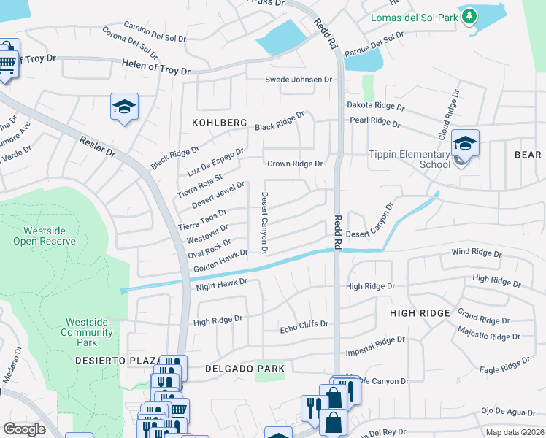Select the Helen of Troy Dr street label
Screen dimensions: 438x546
tap(155, 71)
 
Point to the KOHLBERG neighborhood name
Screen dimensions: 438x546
tap(220, 123)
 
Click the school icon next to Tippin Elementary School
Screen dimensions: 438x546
tap(464, 143)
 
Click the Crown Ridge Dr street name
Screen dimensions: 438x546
tap(295, 164)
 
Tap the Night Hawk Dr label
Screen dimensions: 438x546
tap(223, 283)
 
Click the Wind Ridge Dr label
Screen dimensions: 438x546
tap(477, 253)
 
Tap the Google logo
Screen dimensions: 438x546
tap(24, 429)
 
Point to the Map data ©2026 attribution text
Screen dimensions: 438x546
tap(514, 432)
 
